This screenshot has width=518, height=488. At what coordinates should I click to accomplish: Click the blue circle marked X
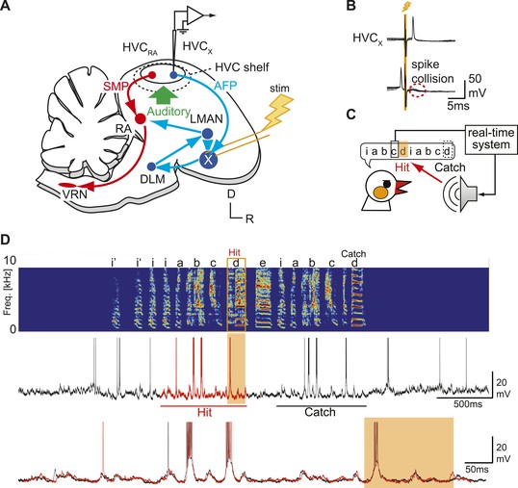pos(208,160)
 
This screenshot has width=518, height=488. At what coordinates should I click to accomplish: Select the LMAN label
pos(206,118)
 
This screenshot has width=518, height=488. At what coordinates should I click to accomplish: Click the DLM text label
pos(152,179)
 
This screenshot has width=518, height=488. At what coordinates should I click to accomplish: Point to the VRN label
pos(75,194)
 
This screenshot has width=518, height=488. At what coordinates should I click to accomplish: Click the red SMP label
pos(116,87)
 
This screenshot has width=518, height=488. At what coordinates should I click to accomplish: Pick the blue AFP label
pos(225,86)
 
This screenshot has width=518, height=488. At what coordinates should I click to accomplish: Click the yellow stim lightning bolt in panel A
pos(279,111)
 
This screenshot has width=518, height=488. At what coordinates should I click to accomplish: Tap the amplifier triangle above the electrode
pos(194,15)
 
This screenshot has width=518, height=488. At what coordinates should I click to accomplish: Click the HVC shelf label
pos(242,67)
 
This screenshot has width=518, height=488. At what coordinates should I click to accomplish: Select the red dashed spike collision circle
pos(417,90)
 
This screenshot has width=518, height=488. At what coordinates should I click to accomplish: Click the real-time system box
pos(491,139)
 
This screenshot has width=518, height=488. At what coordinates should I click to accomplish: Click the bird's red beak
pos(402,187)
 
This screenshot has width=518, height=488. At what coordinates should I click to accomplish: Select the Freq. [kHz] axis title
pos(7,293)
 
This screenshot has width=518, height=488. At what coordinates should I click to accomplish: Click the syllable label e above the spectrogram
pos(263,264)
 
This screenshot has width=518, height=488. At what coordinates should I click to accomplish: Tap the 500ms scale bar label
pos(468,404)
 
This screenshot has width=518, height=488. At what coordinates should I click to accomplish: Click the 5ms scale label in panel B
pos(458,106)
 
